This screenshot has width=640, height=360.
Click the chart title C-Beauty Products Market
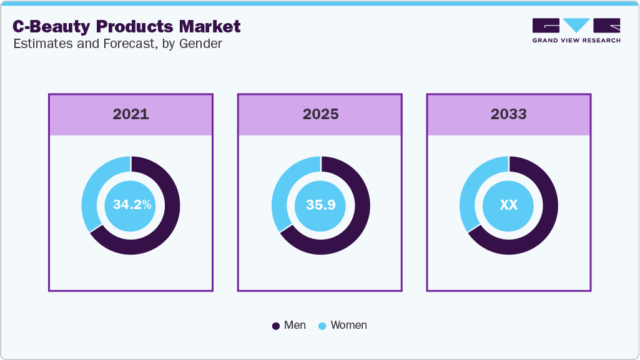127,26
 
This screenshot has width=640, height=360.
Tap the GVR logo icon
576,26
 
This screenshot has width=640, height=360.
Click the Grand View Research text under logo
576,41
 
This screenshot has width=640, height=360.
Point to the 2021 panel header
130,114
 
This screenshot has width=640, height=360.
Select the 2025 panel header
320,114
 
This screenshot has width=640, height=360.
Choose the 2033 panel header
508,114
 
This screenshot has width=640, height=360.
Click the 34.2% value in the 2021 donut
132,205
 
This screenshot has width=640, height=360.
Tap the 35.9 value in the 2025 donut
320,205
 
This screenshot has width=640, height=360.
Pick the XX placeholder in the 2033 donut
508,205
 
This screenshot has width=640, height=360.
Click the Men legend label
295,325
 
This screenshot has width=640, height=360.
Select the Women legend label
348,325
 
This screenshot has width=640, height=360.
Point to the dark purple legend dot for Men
276,326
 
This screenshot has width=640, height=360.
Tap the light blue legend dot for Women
322,326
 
